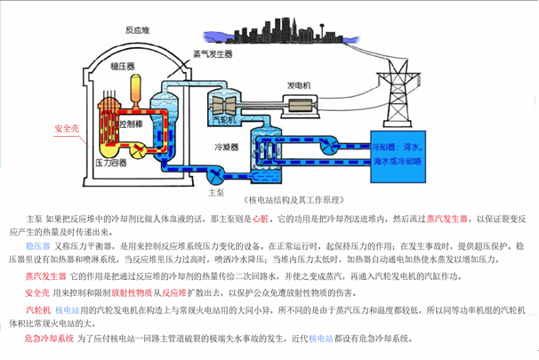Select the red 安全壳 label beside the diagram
[68, 128]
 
